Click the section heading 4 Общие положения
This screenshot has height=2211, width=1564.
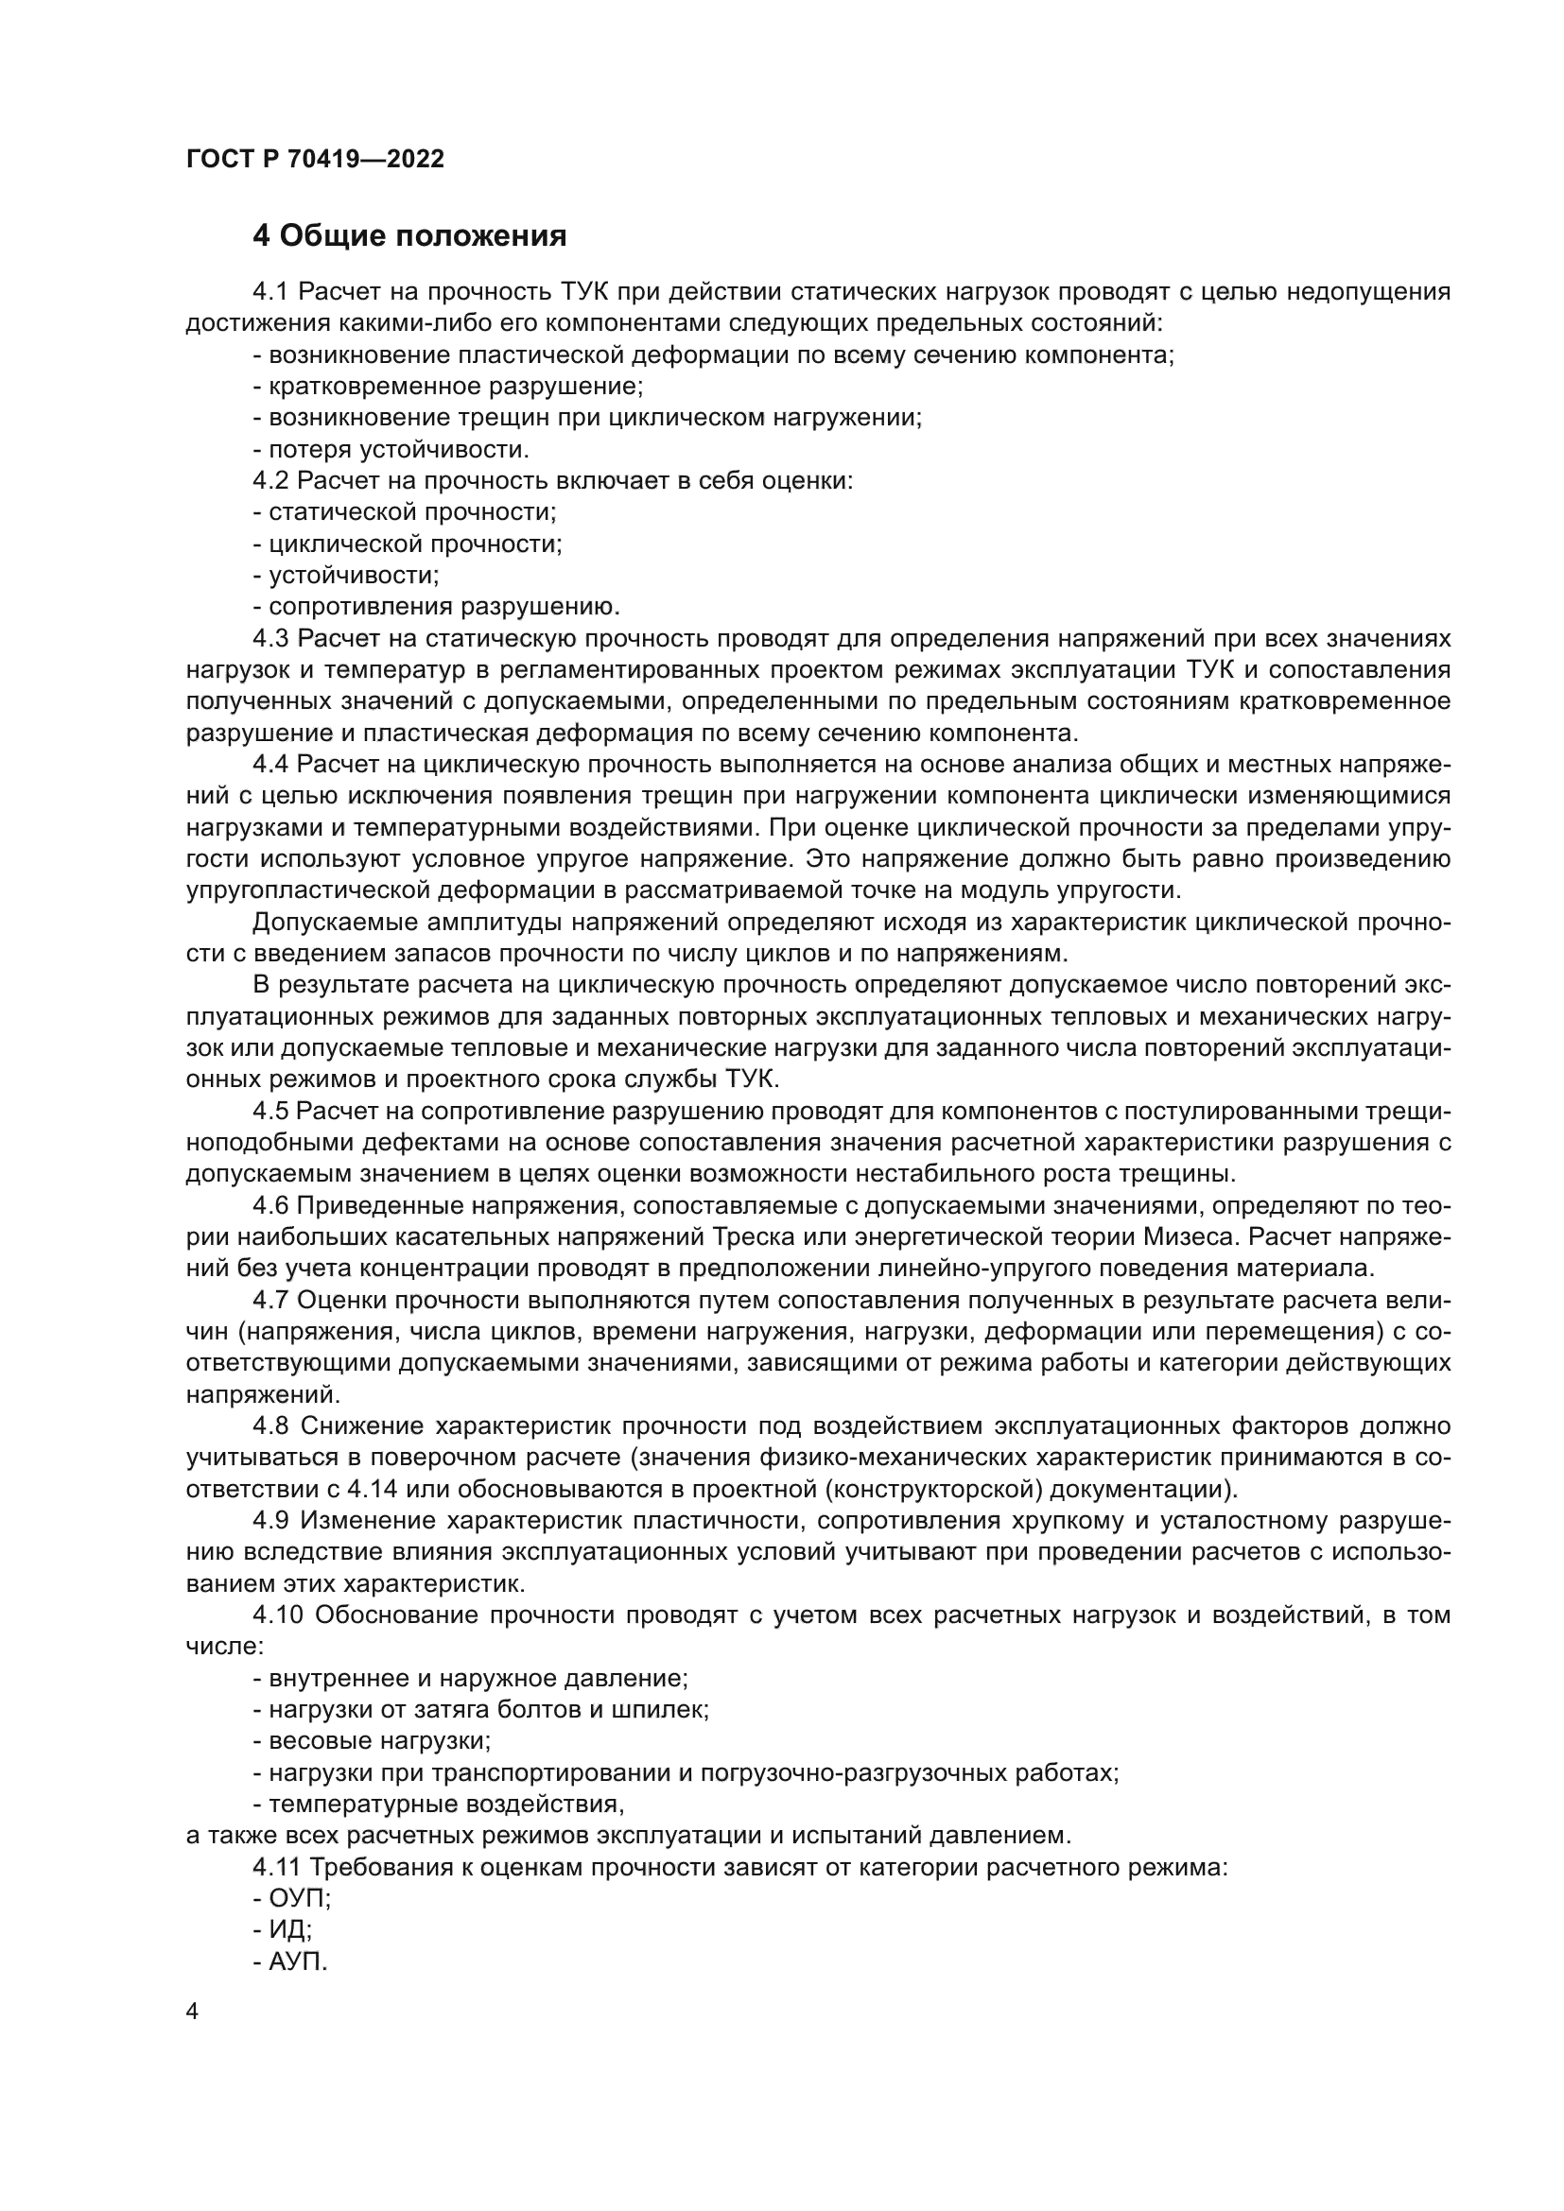pyautogui.click(x=409, y=236)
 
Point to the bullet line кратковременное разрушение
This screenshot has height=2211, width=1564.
pyautogui.click(x=448, y=387)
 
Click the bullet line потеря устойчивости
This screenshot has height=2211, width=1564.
pyautogui.click(x=391, y=449)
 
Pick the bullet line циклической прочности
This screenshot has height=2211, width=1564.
pyautogui.click(x=408, y=544)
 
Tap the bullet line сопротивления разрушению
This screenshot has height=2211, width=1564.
pyautogui.click(x=436, y=607)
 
